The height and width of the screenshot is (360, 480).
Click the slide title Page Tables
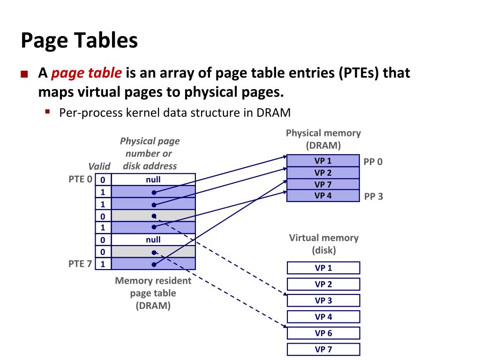(x=79, y=41)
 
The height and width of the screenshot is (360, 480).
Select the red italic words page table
(x=87, y=73)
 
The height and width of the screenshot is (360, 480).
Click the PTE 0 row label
(x=80, y=179)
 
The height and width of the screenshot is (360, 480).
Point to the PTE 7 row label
(x=80, y=263)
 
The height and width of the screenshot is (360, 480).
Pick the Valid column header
(x=99, y=166)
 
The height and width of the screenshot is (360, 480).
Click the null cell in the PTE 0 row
(x=153, y=180)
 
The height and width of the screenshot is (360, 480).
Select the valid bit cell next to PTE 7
(x=103, y=264)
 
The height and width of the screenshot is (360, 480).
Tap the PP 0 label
(x=373, y=162)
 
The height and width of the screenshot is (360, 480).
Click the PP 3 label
(x=373, y=196)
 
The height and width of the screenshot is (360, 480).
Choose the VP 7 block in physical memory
(x=323, y=184)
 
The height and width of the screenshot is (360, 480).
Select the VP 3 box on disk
(x=323, y=300)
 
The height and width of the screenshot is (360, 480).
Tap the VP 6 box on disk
(x=323, y=333)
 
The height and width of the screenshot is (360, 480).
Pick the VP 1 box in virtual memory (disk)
(x=323, y=268)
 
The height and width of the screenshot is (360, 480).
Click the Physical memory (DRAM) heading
(x=323, y=139)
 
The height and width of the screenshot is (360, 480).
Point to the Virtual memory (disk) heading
(x=323, y=244)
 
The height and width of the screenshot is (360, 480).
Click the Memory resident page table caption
(x=153, y=293)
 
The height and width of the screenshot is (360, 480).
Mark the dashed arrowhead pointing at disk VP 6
(x=285, y=327)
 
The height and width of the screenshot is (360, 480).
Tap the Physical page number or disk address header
(x=150, y=153)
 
